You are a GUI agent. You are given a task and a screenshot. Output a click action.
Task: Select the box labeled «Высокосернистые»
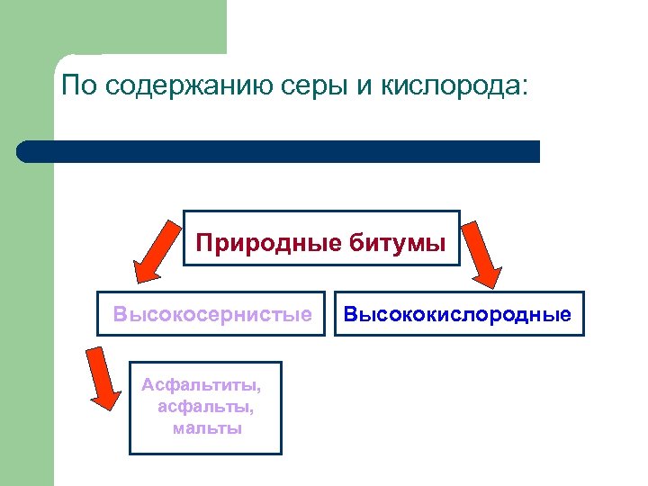(x=211, y=314)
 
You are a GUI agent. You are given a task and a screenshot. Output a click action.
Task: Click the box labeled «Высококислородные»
(x=458, y=314)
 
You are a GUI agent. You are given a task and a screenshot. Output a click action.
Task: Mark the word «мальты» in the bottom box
(x=207, y=427)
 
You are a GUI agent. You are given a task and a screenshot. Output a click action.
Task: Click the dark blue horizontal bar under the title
(x=279, y=151)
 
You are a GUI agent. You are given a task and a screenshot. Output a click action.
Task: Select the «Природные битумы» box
(x=321, y=238)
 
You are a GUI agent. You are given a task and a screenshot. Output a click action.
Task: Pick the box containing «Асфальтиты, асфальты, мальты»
(x=205, y=408)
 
